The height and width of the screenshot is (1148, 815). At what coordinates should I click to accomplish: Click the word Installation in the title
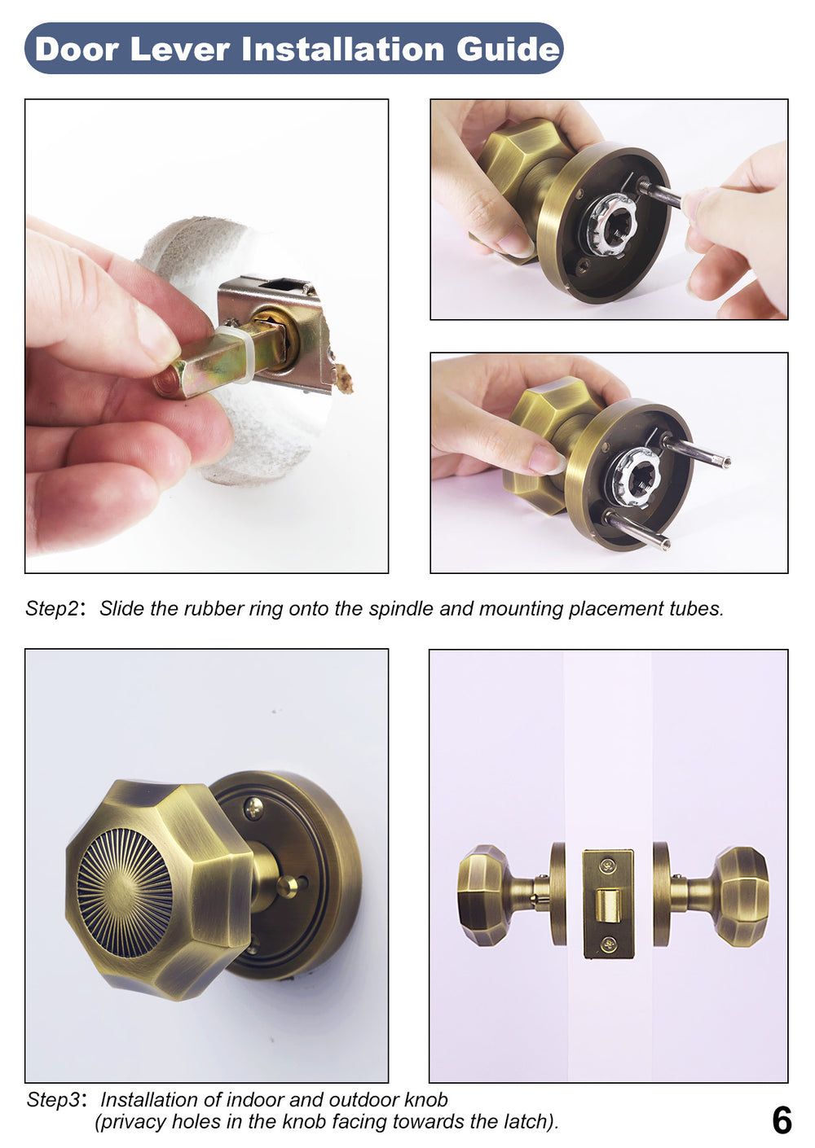343,50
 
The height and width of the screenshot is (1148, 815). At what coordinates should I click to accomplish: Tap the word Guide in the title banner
508,50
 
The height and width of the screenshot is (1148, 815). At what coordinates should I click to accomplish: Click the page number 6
781,1121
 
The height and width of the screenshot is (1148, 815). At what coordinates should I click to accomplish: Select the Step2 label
53,609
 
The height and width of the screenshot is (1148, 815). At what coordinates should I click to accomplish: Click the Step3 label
55,1100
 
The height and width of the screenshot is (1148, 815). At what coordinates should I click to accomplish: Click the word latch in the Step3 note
528,1122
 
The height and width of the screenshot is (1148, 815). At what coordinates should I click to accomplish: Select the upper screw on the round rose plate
254,808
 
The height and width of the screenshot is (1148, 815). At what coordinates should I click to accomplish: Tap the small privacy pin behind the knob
289,886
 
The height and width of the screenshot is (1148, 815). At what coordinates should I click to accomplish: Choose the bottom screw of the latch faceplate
608,944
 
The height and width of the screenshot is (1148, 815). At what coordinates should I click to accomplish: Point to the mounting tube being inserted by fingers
660,194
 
